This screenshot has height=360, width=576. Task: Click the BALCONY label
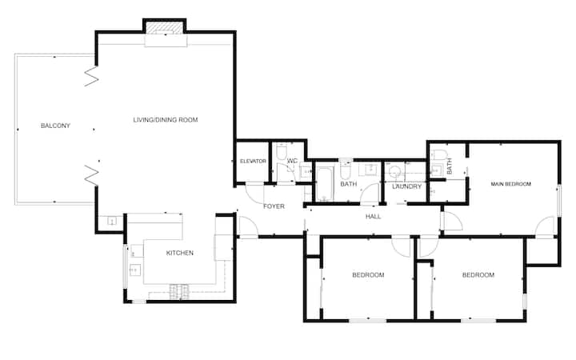tap(55, 126)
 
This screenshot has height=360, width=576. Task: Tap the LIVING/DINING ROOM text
tap(166, 120)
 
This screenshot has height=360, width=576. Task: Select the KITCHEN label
tap(180, 253)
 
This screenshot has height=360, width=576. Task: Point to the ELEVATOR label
tap(253, 162)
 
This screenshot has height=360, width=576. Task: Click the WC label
tap(292, 161)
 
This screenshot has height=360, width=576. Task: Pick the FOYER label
tap(274, 206)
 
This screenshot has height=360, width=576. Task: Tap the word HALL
tap(373, 217)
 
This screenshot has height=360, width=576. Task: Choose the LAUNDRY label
tap(406, 186)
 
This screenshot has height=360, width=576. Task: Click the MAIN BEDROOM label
tap(510, 184)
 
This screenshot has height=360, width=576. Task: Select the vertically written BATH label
tap(450, 166)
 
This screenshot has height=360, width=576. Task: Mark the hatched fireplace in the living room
tap(164, 28)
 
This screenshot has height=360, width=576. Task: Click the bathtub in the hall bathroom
tap(324, 184)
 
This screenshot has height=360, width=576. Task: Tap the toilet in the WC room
tap(282, 152)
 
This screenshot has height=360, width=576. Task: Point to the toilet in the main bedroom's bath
tap(440, 154)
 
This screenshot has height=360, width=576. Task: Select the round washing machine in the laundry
tap(395, 171)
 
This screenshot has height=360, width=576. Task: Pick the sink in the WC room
tap(306, 171)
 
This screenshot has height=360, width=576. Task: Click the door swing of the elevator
tap(254, 193)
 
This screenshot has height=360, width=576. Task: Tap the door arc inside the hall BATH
tap(369, 194)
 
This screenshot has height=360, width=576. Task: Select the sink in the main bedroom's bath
tap(437, 170)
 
